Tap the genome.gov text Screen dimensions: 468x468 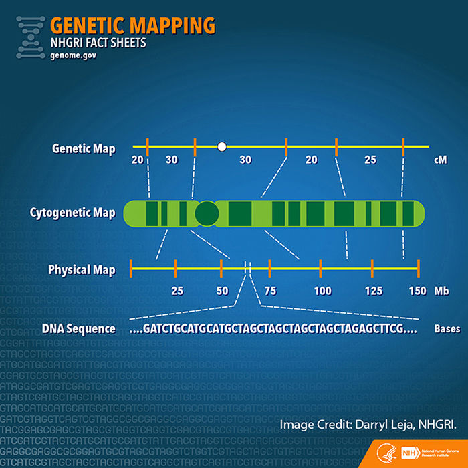(73, 56)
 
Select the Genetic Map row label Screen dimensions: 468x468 (84, 148)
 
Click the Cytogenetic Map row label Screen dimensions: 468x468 (72, 213)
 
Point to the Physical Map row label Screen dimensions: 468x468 (82, 270)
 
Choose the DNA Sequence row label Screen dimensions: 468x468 (79, 330)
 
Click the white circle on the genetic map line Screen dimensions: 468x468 (222, 146)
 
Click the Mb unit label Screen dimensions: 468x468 (441, 291)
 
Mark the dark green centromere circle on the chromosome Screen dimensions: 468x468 (207, 213)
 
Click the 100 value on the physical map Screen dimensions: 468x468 (323, 291)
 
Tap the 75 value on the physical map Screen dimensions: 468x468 (270, 291)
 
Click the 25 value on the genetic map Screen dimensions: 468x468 (370, 160)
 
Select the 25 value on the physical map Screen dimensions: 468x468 (177, 291)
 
